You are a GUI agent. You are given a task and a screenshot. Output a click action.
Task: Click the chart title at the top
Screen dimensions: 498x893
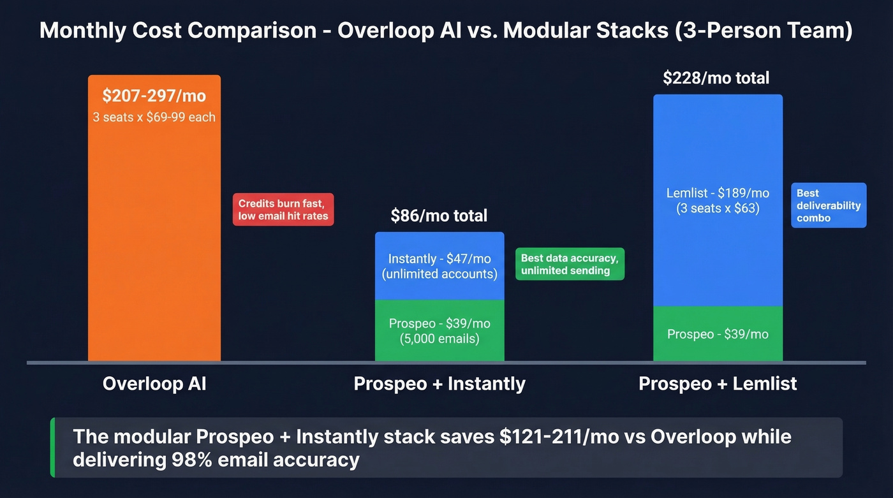[446, 31]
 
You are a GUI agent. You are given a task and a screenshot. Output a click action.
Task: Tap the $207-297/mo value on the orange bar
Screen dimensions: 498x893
[154, 96]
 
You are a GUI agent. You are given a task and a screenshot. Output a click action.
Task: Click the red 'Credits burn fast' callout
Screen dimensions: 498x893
[283, 210]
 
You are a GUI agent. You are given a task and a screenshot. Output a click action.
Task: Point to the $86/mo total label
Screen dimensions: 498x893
[439, 216]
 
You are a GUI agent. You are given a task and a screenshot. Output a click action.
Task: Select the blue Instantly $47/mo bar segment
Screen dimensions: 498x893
[439, 267]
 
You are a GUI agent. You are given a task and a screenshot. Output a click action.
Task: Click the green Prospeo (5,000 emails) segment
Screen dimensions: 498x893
[439, 331]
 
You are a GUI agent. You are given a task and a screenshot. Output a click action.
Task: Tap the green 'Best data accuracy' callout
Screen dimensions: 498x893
[570, 264]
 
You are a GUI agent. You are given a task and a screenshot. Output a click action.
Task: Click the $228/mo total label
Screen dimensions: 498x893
[716, 78]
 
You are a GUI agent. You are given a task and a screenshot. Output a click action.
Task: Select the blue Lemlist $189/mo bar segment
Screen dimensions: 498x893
[718, 200]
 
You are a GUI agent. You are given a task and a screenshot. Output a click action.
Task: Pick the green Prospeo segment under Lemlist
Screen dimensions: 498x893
[718, 334]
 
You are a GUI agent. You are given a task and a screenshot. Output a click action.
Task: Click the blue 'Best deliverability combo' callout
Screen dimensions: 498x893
[829, 205]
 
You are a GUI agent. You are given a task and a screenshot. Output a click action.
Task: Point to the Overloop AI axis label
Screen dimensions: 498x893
[154, 384]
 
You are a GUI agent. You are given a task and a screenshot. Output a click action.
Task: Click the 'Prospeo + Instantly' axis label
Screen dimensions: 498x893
[439, 384]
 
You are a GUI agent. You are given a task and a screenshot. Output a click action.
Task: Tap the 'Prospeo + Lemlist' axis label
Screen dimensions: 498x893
[718, 384]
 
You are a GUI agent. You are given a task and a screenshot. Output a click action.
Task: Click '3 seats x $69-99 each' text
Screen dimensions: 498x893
[154, 117]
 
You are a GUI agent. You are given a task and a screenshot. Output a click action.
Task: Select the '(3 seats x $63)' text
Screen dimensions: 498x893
[718, 208]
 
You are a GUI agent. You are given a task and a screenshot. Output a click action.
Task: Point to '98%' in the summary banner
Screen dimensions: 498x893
[189, 459]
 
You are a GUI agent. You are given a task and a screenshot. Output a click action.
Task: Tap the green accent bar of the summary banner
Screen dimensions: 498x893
[53, 448]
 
